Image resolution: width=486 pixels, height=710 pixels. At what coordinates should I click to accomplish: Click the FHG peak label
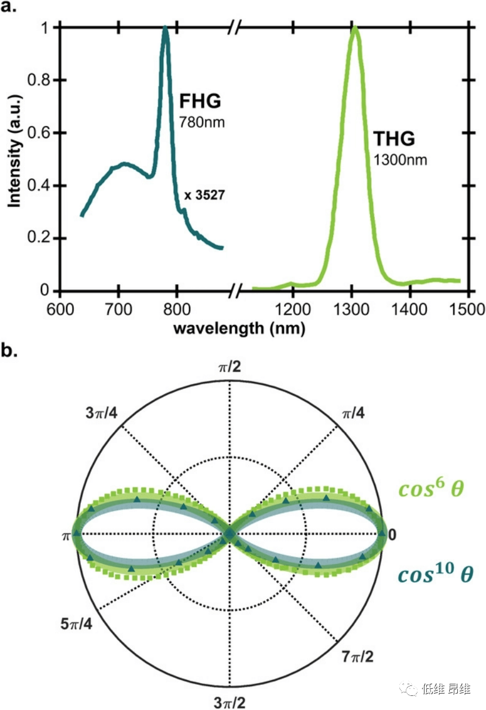[x=200, y=101]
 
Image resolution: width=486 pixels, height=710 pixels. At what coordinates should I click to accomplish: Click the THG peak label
[x=393, y=139]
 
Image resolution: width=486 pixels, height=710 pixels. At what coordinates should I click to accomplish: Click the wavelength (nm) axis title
[x=239, y=329]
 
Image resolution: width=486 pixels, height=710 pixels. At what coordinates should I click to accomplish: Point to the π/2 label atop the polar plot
[x=229, y=367]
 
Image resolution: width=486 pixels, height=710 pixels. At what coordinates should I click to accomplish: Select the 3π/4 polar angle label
[x=101, y=413]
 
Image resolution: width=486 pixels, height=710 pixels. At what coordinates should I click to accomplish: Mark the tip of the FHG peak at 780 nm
[x=165, y=28]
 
